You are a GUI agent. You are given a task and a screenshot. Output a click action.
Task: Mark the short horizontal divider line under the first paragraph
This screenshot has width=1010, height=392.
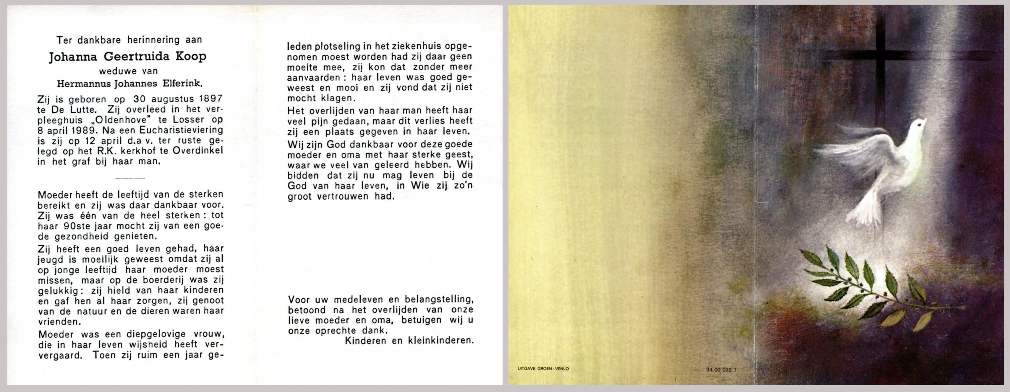130,178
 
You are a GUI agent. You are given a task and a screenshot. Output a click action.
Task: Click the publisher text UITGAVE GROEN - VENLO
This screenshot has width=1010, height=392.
543,369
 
